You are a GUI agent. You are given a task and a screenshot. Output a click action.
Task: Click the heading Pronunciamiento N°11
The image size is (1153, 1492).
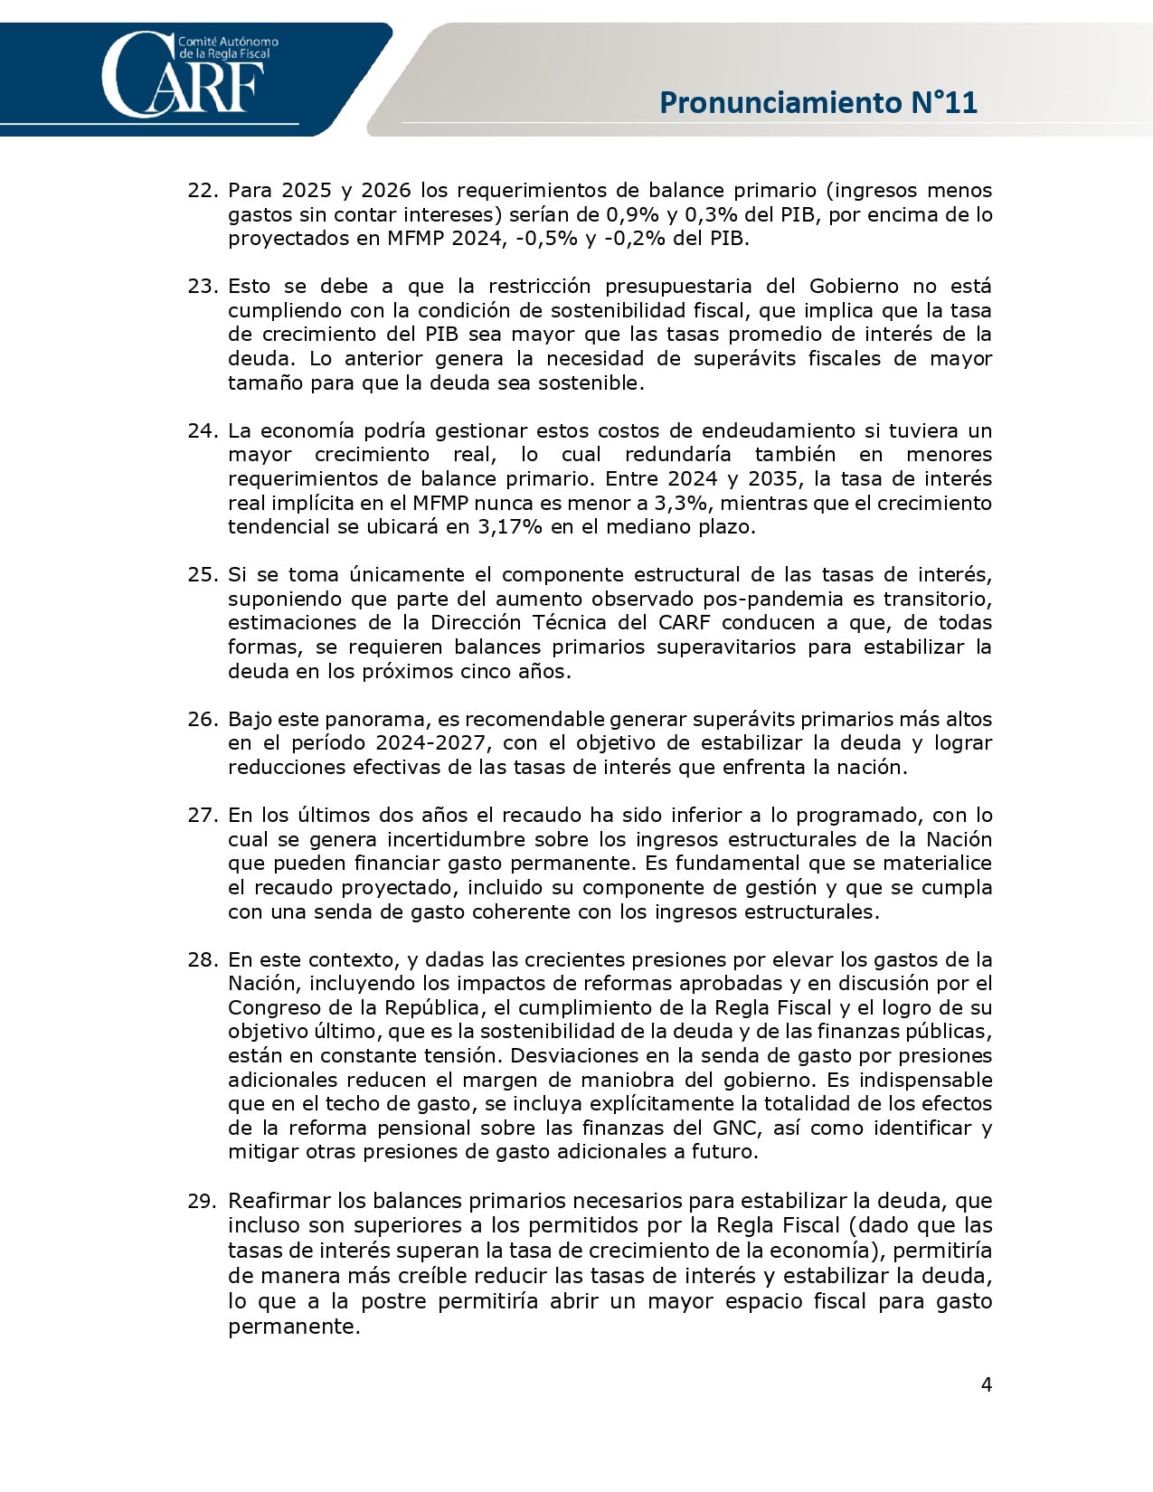point(818,102)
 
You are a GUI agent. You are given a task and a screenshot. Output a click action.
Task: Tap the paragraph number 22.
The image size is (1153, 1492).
point(203,191)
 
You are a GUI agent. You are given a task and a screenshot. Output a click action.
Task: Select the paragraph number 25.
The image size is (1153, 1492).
point(203,575)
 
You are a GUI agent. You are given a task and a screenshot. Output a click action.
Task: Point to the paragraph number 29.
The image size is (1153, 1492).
point(203,1202)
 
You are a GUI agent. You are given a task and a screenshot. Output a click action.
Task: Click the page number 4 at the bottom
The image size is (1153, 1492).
point(987,1384)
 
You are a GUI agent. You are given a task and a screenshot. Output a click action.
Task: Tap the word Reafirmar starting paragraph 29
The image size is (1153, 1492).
point(279,1202)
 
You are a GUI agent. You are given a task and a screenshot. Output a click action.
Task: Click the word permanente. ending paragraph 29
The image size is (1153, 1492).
point(294,1327)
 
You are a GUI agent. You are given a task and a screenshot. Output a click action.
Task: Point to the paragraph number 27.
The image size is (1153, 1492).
point(203,816)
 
